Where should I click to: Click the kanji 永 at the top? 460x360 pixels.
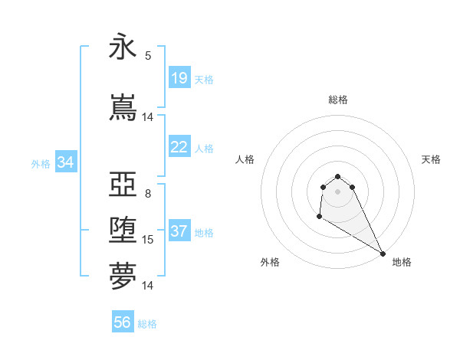[123, 49]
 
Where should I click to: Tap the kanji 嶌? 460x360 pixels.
[123, 108]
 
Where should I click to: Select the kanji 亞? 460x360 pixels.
[123, 185]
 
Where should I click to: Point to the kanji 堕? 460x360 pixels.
[123, 231]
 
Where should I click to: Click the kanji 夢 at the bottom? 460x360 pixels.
[123, 277]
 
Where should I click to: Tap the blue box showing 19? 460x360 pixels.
[179, 78]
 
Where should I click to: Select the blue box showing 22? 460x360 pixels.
[179, 147]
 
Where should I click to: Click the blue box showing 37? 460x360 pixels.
[179, 231]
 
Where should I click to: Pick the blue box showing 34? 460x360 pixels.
[65, 162]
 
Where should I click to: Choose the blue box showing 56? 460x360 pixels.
[123, 323]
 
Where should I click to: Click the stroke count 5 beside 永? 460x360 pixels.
[148, 55]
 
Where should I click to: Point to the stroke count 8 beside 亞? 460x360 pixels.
[148, 193]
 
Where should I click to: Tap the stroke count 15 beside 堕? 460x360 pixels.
[148, 240]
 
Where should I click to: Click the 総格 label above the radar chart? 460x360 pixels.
[338, 100]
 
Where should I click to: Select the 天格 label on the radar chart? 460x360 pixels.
[431, 159]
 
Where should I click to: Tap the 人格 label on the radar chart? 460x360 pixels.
[245, 159]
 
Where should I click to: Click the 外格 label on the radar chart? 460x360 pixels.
[270, 262]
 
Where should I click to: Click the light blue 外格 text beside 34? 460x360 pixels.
[41, 163]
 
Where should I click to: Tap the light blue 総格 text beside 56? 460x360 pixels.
[147, 324]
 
